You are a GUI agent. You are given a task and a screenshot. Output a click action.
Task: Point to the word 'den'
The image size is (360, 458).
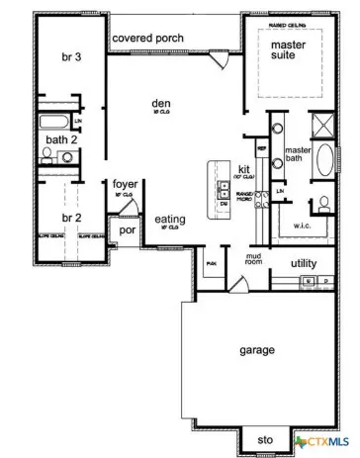[160, 103]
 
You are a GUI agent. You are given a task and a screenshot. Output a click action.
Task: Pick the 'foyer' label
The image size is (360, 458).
[125, 184]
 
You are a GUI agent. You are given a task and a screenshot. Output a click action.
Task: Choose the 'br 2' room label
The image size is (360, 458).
[69, 218]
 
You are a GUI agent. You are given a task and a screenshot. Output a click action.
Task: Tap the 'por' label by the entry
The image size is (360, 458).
[127, 230]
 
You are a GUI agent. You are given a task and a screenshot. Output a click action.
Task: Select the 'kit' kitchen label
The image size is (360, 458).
[243, 169]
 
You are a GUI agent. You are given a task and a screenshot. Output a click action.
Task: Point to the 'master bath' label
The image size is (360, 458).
[299, 156]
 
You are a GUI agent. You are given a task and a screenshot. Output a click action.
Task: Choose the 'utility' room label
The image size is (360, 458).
[304, 263]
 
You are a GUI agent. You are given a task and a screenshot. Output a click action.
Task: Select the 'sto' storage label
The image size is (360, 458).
[264, 439]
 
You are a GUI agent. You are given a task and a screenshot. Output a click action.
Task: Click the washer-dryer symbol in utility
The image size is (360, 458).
[316, 282]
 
